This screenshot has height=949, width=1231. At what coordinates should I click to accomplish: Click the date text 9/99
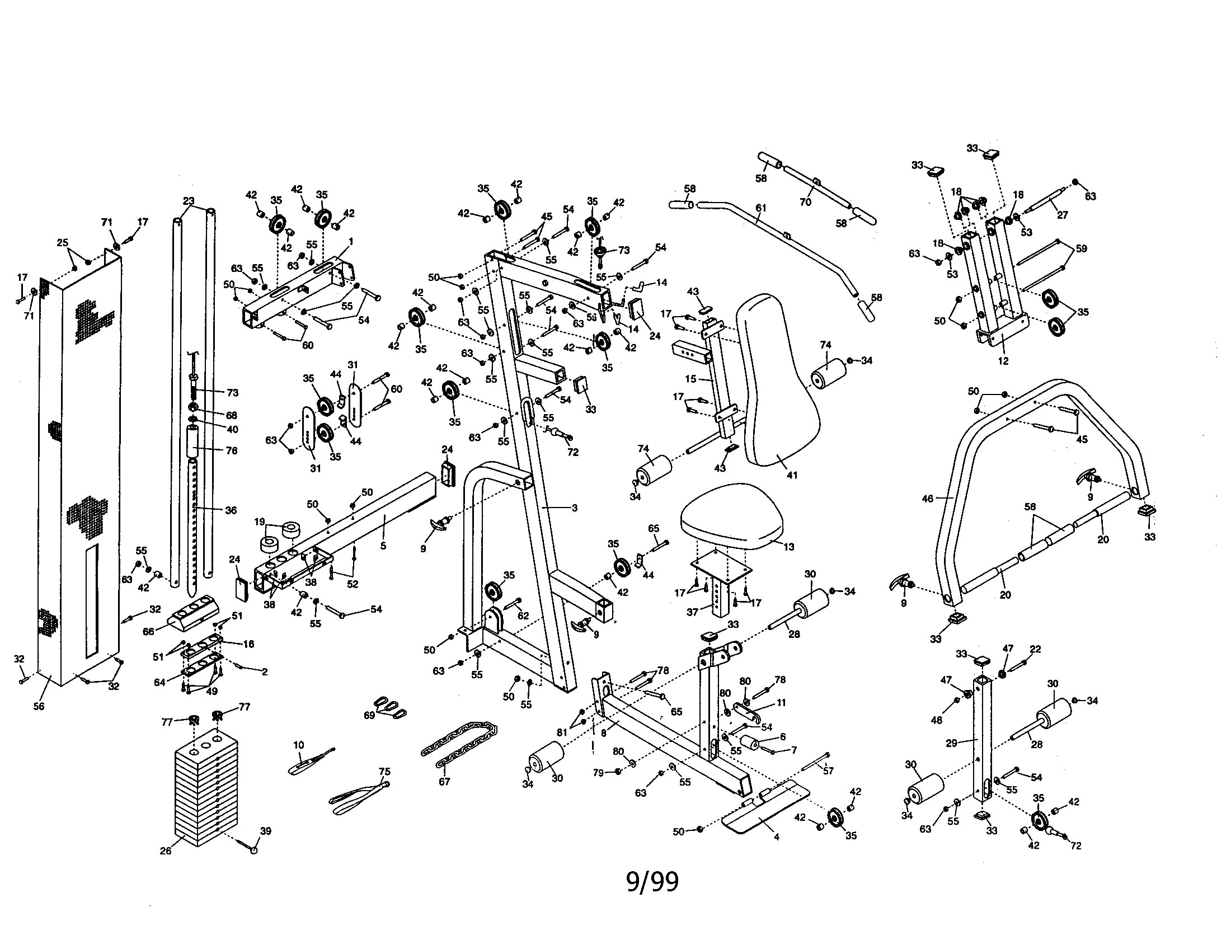coord(652,882)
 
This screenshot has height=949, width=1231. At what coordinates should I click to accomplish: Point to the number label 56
coord(38,706)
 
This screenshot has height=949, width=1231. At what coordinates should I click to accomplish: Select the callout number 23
coord(189,201)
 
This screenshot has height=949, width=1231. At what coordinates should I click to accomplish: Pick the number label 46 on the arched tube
coord(927,498)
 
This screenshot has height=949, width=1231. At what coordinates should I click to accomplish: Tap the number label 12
coord(1003,361)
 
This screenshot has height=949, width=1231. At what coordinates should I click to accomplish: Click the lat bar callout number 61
coord(761,208)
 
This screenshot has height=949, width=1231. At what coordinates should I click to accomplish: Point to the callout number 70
coord(805,202)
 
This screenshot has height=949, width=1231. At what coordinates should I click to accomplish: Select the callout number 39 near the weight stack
coord(265,831)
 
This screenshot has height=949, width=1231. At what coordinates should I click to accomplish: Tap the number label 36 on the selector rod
coord(231,510)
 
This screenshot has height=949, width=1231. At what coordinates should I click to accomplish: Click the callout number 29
coord(951,743)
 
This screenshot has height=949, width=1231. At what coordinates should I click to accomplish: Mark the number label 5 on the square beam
coord(383,546)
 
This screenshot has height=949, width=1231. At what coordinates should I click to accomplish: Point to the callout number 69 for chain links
coord(370,715)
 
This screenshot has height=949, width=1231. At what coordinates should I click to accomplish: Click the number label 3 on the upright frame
coord(574,508)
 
